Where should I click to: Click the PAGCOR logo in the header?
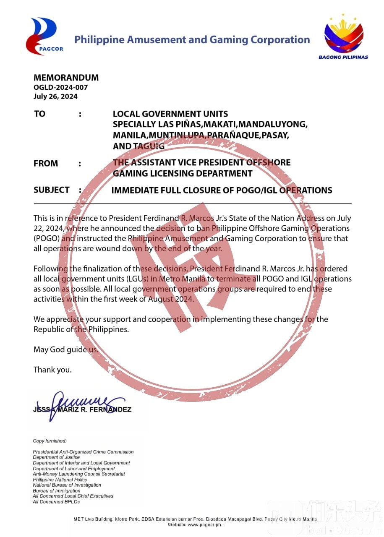pyautogui.click(x=44, y=36)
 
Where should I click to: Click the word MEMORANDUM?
pyautogui.click(x=66, y=78)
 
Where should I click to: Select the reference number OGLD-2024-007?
pyautogui.click(x=60, y=87)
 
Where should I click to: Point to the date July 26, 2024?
pyautogui.click(x=55, y=96)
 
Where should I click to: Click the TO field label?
pyautogui.click(x=39, y=114)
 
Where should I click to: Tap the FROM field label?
pyautogui.click(x=46, y=163)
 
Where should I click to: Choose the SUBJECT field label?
pyautogui.click(x=52, y=190)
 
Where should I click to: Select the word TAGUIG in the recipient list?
pyautogui.click(x=149, y=146)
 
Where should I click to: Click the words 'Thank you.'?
pyautogui.click(x=52, y=370)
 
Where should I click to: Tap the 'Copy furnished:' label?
pyautogui.click(x=50, y=441)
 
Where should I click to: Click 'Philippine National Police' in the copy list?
pyautogui.click(x=60, y=480)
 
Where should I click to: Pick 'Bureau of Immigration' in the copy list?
pyautogui.click(x=57, y=490)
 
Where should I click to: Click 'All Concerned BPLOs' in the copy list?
pyautogui.click(x=56, y=501)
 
